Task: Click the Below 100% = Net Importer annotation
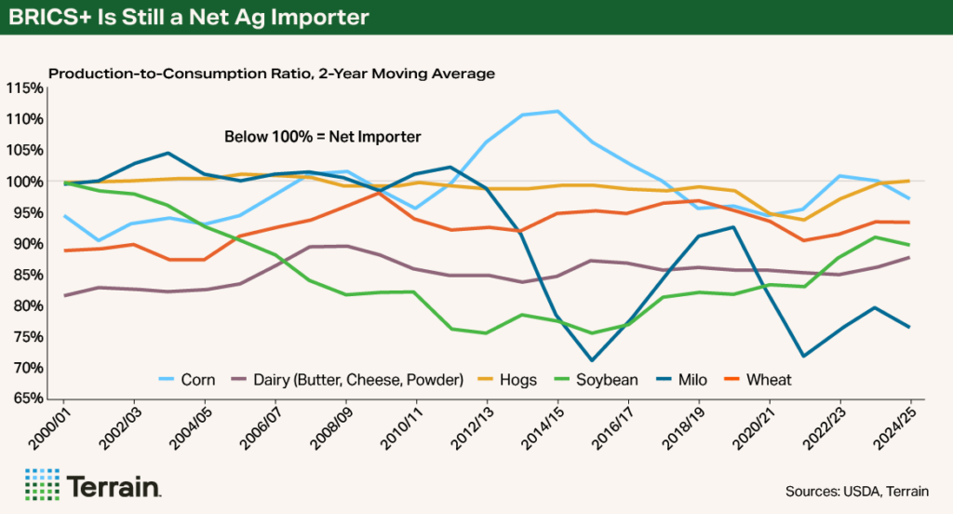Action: pyautogui.click(x=323, y=137)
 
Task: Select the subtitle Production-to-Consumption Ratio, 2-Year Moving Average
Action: pyautogui.click(x=271, y=73)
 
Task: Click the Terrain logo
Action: pyautogui.click(x=94, y=486)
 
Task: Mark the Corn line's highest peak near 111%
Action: pyautogui.click(x=557, y=112)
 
